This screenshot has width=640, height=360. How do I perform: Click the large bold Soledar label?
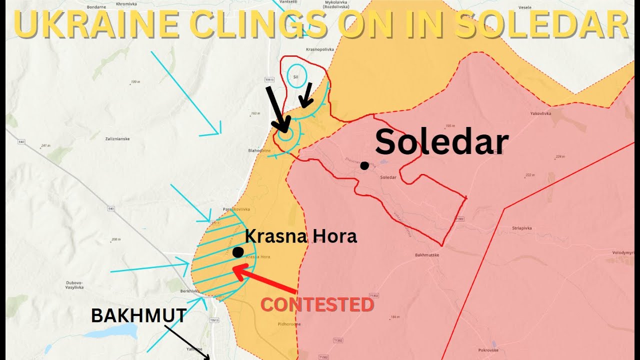pyautogui.click(x=441, y=142)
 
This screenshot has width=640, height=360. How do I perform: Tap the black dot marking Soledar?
pyautogui.click(x=364, y=165)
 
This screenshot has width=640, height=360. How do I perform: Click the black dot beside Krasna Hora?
pyautogui.click(x=238, y=252)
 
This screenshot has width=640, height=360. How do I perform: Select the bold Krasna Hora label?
pyautogui.click(x=301, y=236)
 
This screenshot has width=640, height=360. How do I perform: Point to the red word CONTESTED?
pyautogui.click(x=317, y=304)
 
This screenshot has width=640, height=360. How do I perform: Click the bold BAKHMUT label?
pyautogui.click(x=139, y=315)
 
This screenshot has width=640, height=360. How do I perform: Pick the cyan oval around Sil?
pyautogui.click(x=297, y=76)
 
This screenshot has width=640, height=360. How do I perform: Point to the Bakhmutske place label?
pyautogui.click(x=426, y=255)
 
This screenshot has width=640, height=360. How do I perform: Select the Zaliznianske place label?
pyautogui.click(x=117, y=138)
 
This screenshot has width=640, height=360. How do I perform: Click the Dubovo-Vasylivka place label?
pyautogui.click(x=74, y=285)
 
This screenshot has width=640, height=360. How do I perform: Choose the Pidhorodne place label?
pyautogui.click(x=289, y=324)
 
